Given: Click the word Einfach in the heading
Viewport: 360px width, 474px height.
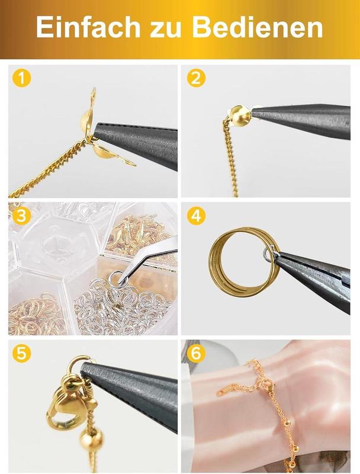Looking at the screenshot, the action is (88, 27).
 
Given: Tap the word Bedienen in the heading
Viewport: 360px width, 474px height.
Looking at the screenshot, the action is (258, 27).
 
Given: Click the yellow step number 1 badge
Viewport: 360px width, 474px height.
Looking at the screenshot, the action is (22, 78).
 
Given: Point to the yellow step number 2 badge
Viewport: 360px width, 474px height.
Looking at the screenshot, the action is (197, 78).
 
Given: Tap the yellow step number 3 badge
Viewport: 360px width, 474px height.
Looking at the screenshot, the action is (22, 216).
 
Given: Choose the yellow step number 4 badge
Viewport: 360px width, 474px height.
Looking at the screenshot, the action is (197, 216).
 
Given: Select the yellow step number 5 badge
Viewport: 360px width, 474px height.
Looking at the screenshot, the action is (22, 353).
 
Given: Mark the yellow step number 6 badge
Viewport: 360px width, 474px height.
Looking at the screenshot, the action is (197, 353).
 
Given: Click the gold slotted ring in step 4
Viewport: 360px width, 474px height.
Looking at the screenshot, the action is (212, 260).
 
